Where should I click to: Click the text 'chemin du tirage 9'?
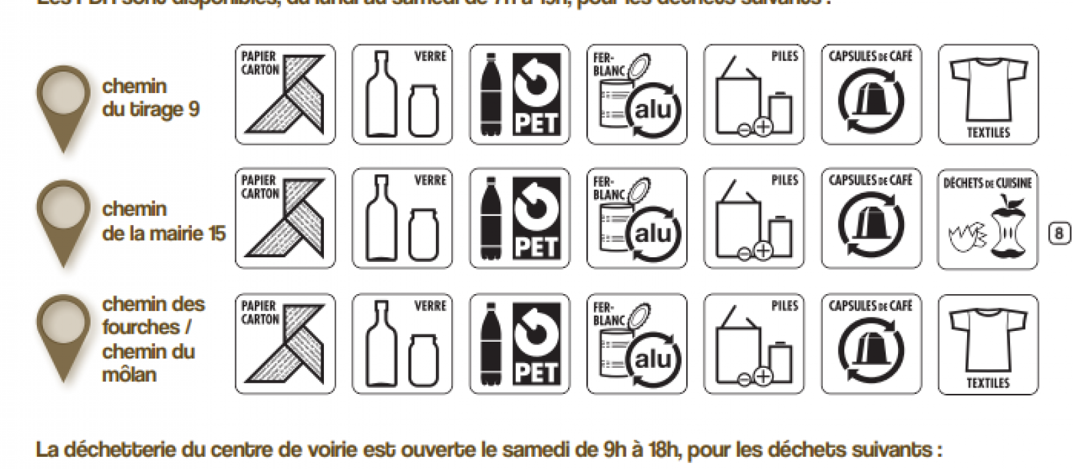point(151,98)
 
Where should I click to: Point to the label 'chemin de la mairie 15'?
point(164,221)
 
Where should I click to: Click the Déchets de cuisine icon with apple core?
point(988,219)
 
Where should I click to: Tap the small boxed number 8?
point(1060,233)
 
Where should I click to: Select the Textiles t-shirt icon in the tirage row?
point(988,94)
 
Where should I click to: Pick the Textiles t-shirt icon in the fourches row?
point(988,344)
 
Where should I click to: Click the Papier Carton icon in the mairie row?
point(285,218)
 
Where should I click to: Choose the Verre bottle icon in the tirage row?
point(402,94)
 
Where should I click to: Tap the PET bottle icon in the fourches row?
point(520,344)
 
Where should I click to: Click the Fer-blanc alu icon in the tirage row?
point(637,94)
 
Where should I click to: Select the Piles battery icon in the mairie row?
point(754,218)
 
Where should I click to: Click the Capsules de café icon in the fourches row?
point(871,344)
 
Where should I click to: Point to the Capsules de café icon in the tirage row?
point(871,94)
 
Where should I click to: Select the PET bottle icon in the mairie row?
point(520,218)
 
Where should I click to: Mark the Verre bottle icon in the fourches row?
point(402,344)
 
